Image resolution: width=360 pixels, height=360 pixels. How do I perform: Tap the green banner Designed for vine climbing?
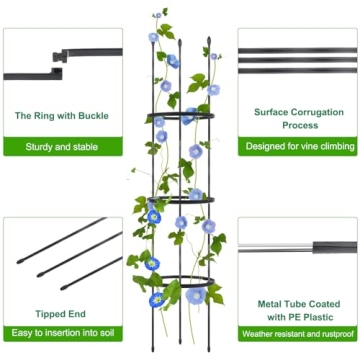[297, 146]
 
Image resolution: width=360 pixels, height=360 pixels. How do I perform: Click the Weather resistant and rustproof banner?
[297, 332]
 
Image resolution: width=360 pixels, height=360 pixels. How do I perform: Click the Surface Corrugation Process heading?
[297, 119]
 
